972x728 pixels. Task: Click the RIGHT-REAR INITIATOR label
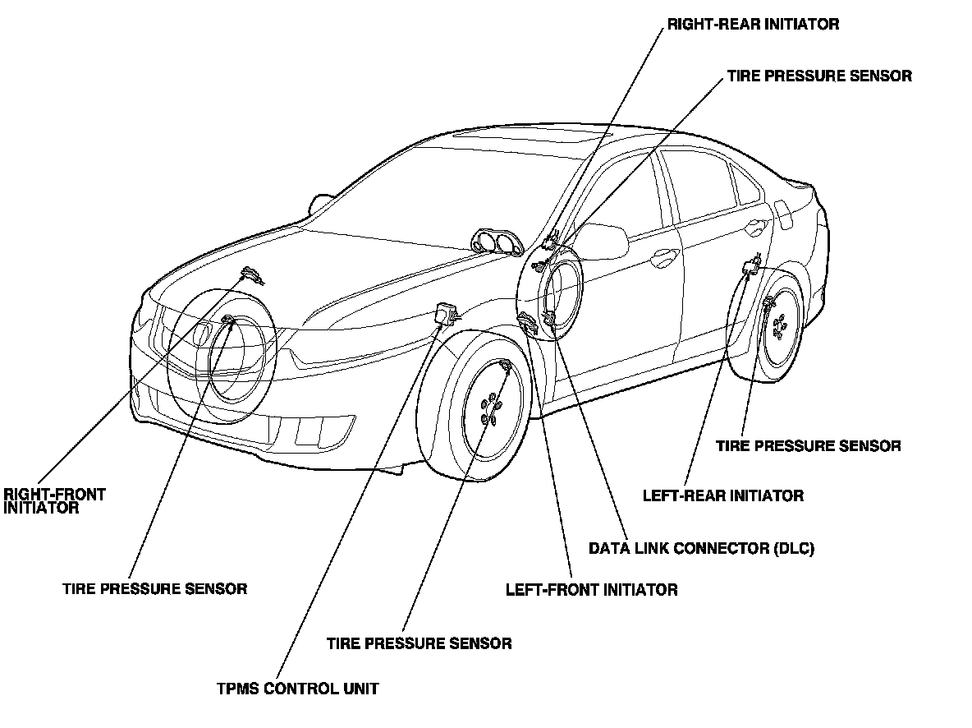pyautogui.click(x=753, y=24)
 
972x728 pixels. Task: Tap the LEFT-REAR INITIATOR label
pyautogui.click(x=722, y=495)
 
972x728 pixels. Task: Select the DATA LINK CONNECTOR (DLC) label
pyautogui.click(x=701, y=548)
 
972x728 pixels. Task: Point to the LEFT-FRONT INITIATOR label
pyautogui.click(x=591, y=590)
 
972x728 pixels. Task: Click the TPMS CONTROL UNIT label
pyautogui.click(x=296, y=689)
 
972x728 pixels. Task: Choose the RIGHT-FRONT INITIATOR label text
pyautogui.click(x=54, y=501)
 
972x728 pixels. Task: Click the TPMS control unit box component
pyautogui.click(x=447, y=313)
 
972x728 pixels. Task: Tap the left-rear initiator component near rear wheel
pyautogui.click(x=750, y=266)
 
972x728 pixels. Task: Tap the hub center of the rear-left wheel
pyautogui.click(x=779, y=328)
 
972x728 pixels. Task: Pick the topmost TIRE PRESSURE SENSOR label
pyautogui.click(x=818, y=76)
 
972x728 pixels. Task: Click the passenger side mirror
pyautogui.click(x=320, y=202)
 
